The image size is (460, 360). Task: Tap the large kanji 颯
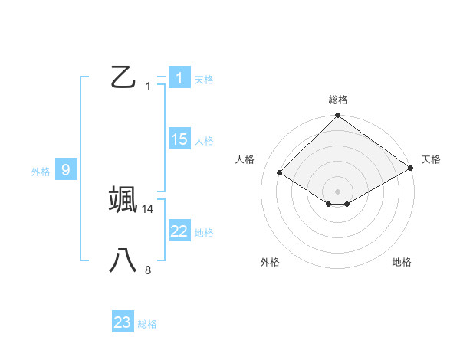[x=123, y=198]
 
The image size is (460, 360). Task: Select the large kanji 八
[x=123, y=260]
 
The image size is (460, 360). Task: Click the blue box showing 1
[x=179, y=77]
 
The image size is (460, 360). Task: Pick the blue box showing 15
[x=179, y=139]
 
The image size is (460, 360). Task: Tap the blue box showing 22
[x=179, y=231]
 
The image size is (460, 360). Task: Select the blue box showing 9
[x=66, y=170]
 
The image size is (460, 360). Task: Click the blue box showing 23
[x=122, y=322]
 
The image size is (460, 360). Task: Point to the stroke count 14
[x=148, y=208]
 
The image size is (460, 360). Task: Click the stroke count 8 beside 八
[x=148, y=270]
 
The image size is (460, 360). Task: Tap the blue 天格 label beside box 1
[x=204, y=79]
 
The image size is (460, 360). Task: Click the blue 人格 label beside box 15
[x=204, y=141]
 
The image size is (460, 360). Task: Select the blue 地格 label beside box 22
[x=204, y=233]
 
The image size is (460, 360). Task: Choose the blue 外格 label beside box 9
[x=41, y=172]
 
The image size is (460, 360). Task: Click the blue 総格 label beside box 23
[x=147, y=324]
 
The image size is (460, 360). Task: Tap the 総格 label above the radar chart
[x=338, y=100]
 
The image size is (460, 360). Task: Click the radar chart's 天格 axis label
[x=432, y=159]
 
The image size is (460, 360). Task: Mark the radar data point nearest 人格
[x=280, y=173]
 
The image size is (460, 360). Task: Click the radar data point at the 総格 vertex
[x=338, y=116]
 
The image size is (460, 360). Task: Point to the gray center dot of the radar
[x=338, y=191]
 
